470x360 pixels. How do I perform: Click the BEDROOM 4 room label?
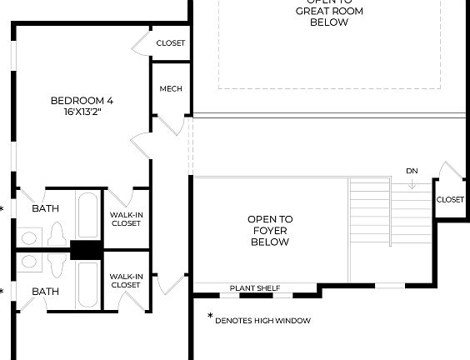coord(82,101)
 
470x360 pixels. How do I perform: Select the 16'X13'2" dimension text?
coord(82,112)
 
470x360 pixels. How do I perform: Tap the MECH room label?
coord(171,89)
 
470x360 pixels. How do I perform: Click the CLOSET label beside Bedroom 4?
coord(171,43)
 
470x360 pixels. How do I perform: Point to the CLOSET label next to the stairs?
coord(450,199)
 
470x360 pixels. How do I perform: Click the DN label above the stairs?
coord(412,171)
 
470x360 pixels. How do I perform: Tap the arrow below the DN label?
coord(412,183)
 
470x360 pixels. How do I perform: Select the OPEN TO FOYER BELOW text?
coord(268,231)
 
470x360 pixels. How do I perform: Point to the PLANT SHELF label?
coord(254,288)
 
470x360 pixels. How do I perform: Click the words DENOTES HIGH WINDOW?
coord(262,320)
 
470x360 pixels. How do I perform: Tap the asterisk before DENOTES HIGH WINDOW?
coord(209,317)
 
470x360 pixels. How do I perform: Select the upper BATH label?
coord(45,208)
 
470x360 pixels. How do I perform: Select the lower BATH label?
coord(45,292)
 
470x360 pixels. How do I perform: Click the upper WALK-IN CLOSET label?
coord(126,218)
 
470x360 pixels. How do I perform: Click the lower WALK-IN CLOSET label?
coord(126,281)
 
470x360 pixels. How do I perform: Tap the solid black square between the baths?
coord(85,250)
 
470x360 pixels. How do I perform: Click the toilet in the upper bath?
coord(58,234)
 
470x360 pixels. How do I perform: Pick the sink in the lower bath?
coord(28,262)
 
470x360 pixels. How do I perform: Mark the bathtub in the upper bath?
coord(87,215)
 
